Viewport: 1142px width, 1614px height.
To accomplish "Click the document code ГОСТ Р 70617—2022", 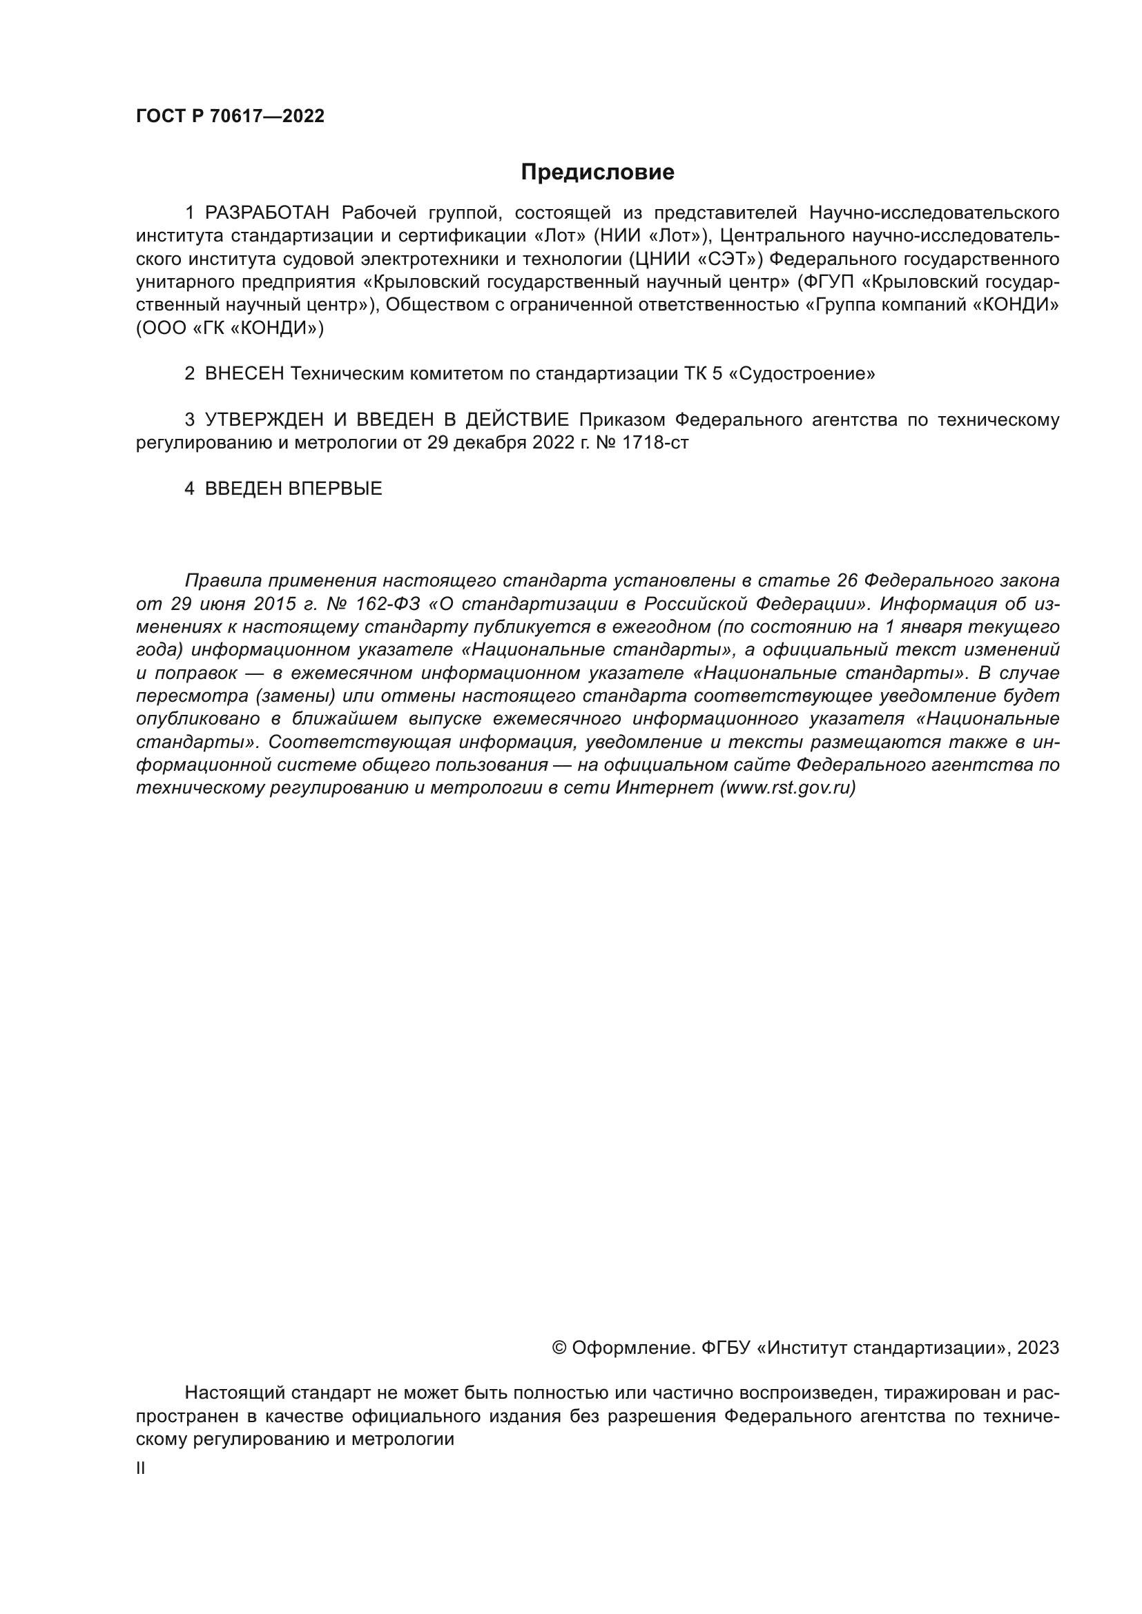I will coord(230,117).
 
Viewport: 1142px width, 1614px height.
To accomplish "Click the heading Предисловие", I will coord(597,173).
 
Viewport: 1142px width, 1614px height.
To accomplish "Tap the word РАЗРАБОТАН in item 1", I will coord(267,213).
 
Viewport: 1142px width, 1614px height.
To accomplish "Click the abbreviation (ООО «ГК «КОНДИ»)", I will coord(230,328).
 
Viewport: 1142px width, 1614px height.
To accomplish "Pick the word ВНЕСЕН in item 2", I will coord(244,374).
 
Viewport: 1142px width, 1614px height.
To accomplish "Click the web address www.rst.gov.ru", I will coord(788,788).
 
